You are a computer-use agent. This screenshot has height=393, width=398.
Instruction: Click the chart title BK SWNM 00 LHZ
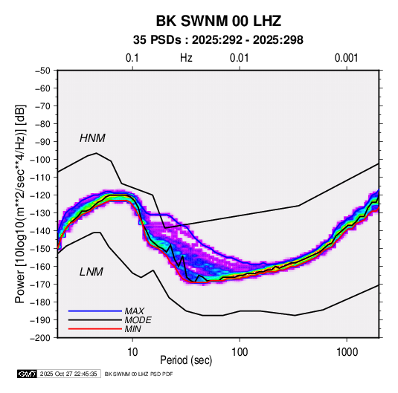[218, 21]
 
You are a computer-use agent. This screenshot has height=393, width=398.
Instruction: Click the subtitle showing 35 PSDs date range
[218, 40]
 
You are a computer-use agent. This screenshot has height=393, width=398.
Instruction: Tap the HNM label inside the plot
[92, 138]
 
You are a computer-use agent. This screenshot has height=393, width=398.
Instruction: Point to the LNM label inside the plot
[92, 272]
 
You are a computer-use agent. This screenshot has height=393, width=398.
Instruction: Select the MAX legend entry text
[134, 311]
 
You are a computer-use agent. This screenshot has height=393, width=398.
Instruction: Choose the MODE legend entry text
[138, 320]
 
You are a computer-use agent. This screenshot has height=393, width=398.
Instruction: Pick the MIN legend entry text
[132, 329]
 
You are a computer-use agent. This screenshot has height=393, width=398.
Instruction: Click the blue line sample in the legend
[95, 311]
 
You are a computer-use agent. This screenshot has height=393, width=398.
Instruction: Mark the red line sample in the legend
[95, 329]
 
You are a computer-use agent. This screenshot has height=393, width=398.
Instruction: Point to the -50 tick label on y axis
[42, 71]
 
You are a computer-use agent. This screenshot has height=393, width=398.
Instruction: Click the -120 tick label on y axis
[40, 195]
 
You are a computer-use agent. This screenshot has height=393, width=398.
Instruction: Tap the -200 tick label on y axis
[40, 338]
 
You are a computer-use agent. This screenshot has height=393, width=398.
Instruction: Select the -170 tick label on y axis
[40, 285]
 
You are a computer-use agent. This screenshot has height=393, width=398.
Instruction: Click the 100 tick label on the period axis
[240, 352]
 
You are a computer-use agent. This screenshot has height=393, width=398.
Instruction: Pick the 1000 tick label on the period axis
[347, 352]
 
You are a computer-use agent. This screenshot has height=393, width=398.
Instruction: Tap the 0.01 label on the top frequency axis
[239, 58]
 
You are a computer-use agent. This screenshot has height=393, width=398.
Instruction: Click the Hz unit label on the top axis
[186, 58]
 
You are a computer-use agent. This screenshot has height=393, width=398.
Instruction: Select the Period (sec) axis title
[186, 360]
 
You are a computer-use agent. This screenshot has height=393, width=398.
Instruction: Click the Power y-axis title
[20, 204]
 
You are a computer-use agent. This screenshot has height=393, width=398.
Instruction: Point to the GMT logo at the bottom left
[27, 374]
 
